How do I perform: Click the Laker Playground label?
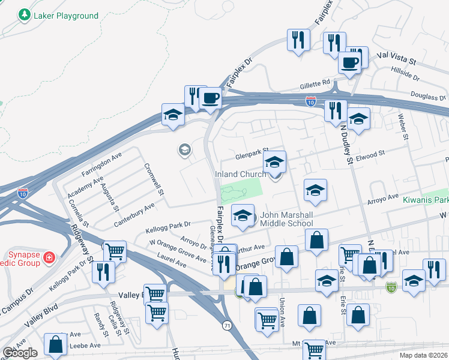coord(66,16)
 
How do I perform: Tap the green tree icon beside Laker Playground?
coord(25,15)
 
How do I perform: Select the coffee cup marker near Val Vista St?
coord(349,62)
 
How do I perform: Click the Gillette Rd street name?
coord(318,82)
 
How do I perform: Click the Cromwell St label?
coord(153,179)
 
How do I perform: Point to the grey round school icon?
coord(185,149)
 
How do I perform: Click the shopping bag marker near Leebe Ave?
coord(55,344)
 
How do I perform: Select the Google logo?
coord(20,353)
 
